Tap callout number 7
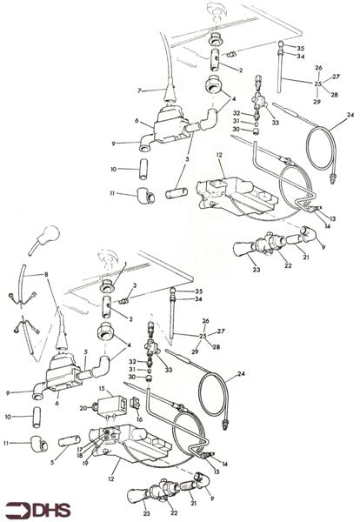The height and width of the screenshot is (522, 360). point(137,90)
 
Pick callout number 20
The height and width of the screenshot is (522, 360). point(83,407)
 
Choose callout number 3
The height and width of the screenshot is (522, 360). point(135,286)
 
